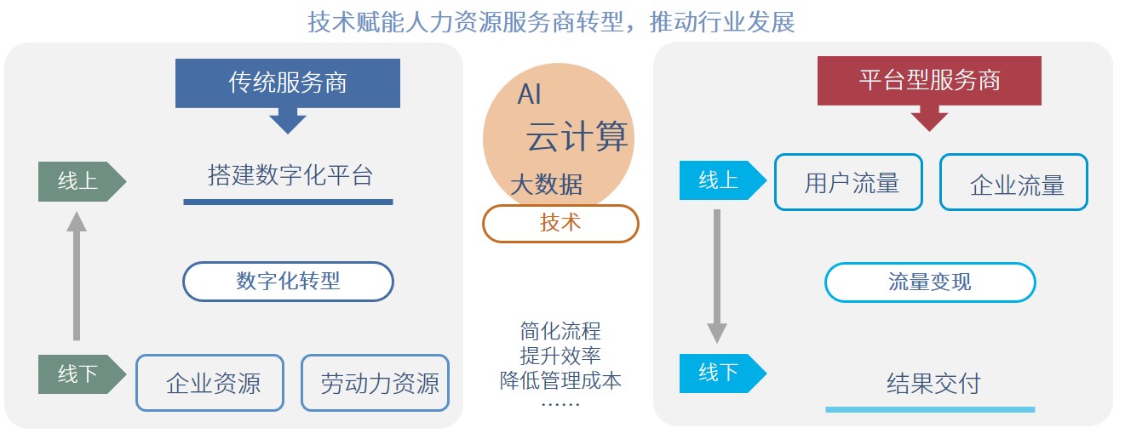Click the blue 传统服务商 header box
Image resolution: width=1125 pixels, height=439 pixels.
coord(288,83)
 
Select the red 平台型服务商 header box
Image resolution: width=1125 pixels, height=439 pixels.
coord(929,80)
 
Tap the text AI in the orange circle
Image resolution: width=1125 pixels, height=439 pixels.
coord(530,94)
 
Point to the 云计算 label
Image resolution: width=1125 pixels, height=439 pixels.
coord(577,136)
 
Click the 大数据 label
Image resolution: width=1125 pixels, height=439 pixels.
coord(547,184)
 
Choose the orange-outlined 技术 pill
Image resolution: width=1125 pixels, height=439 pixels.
coord(560,224)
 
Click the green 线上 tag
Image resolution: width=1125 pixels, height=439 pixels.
coord(82,181)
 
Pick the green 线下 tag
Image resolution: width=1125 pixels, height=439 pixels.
coord(82,374)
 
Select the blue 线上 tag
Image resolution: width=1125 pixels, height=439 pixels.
coord(723,180)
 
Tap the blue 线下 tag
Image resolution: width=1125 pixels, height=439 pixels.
coord(723,373)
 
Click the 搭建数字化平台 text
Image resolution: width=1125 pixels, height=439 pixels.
coord(290,175)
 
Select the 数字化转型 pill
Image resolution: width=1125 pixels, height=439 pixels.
coord(289,282)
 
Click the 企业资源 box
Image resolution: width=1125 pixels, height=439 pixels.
coord(210,383)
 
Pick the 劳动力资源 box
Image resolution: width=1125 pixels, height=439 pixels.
coord(376,383)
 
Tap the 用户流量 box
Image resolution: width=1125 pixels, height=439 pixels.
coord(849,181)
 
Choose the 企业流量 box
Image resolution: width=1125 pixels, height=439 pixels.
coord(1014,181)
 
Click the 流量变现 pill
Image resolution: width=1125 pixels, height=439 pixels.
coord(930,282)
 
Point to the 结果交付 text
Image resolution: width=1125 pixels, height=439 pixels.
coord(933,384)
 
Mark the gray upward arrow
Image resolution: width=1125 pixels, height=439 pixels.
coord(77,276)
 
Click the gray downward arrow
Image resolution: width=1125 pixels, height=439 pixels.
coord(717,277)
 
